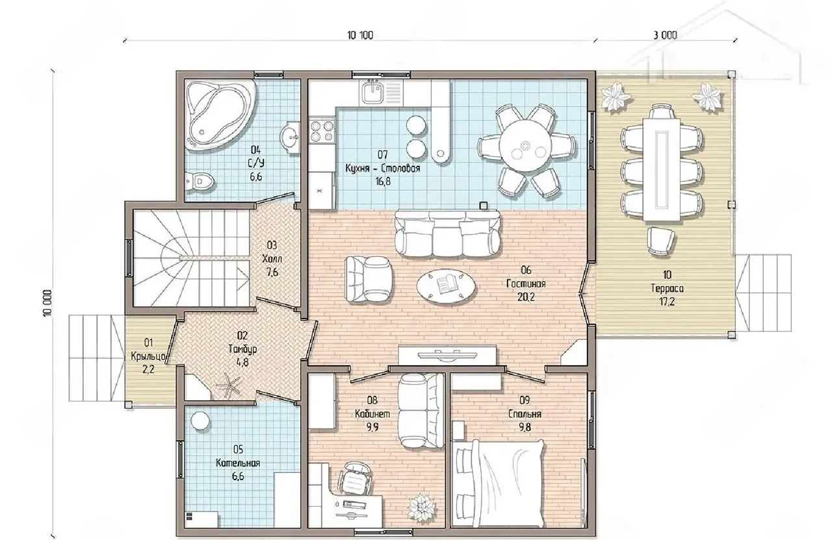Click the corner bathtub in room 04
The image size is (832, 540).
point(219,115)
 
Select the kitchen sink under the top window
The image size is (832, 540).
point(371,93)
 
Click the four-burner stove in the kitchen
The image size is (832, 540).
point(322,131)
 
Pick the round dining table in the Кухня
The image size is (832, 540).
point(526,147)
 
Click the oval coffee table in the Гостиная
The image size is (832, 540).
point(446,287)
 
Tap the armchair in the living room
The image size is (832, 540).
point(368,279)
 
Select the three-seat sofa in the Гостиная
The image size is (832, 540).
point(447,233)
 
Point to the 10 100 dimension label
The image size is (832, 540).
point(360,35)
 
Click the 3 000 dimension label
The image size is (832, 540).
point(665,35)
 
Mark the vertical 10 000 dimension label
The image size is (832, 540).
point(47,303)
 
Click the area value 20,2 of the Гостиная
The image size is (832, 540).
point(526,297)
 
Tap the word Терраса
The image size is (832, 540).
point(667,289)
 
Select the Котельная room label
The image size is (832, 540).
point(238,463)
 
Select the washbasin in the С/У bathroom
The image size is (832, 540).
point(290,136)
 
